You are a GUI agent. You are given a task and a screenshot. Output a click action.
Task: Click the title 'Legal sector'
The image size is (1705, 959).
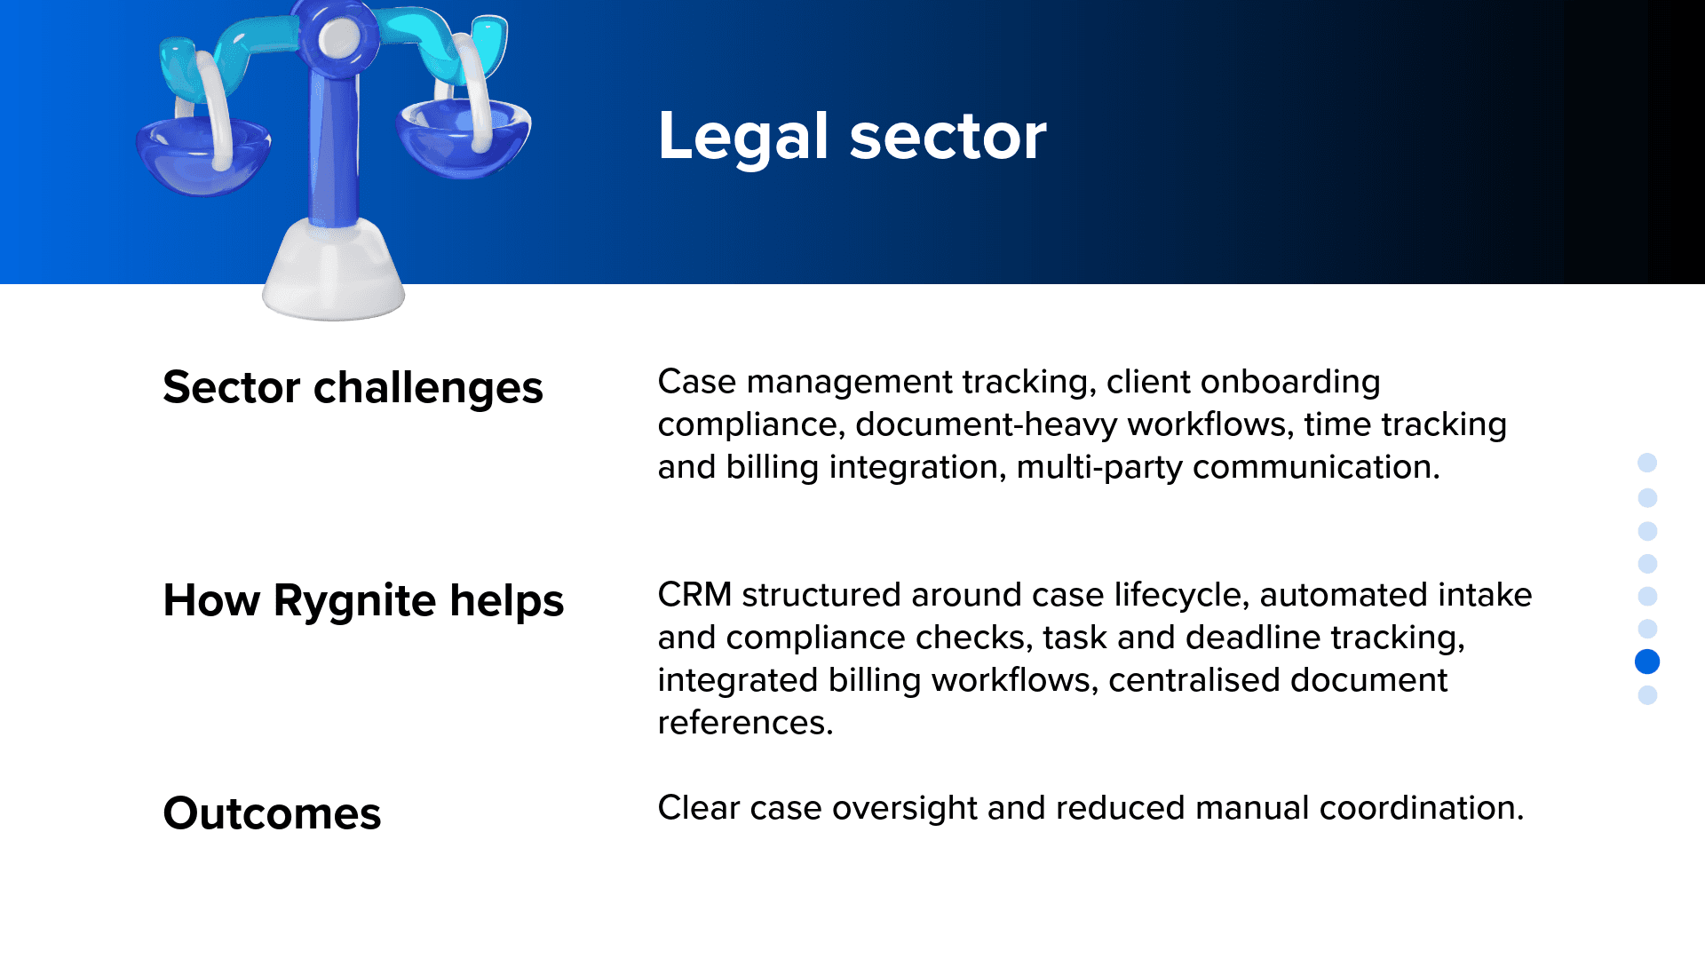point(852,136)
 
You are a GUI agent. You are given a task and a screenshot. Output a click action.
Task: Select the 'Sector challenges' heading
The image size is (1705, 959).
point(353,388)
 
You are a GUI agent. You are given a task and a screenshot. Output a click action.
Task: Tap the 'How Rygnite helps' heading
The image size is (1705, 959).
point(363,601)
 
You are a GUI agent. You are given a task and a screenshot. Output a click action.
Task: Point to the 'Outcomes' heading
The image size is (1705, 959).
point(272,814)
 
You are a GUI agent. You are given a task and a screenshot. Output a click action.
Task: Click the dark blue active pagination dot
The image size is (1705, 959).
point(1647,662)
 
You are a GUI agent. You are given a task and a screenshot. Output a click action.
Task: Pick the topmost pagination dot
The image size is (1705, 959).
point(1647,463)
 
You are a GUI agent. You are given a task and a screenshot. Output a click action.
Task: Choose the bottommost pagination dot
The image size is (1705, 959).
point(1647,695)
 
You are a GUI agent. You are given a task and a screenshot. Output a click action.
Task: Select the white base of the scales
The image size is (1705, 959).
point(334,271)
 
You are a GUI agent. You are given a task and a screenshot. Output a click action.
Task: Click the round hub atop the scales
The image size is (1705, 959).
point(338,36)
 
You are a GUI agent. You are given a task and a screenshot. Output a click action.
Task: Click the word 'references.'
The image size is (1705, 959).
point(745,723)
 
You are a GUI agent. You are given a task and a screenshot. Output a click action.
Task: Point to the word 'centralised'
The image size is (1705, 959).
point(1194,680)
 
